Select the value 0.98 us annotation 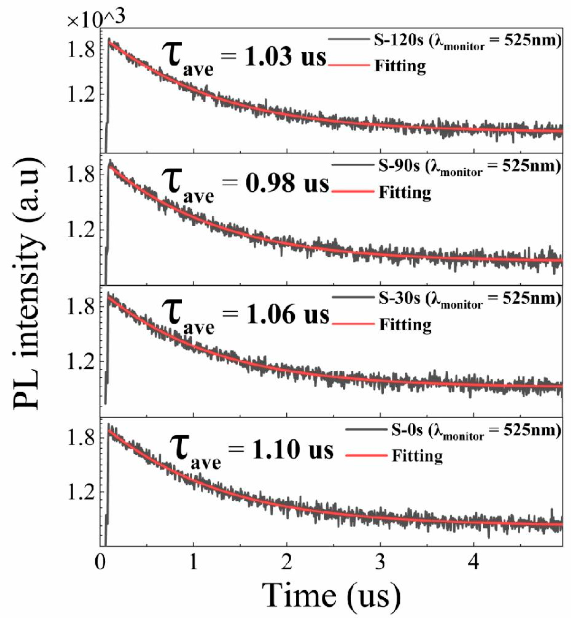pyautogui.click(x=287, y=184)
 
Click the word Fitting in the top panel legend pyautogui.click(x=400, y=66)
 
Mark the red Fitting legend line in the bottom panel pyautogui.click(x=366, y=455)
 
